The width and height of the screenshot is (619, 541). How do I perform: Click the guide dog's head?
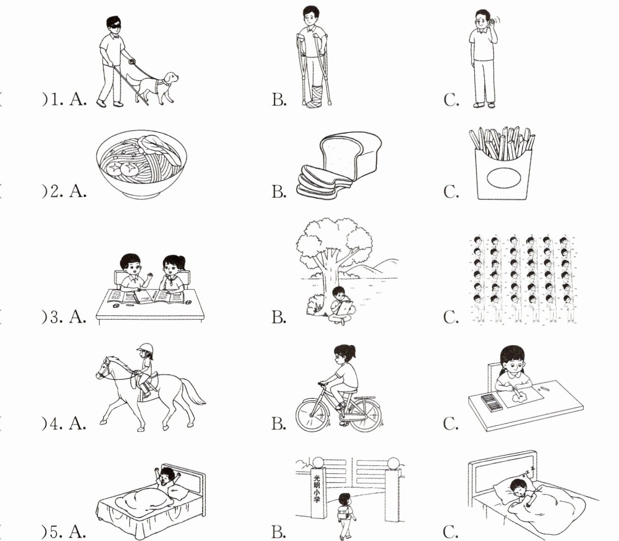170,79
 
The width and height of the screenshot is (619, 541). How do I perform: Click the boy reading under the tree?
341,305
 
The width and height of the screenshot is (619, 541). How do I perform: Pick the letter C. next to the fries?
451,191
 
